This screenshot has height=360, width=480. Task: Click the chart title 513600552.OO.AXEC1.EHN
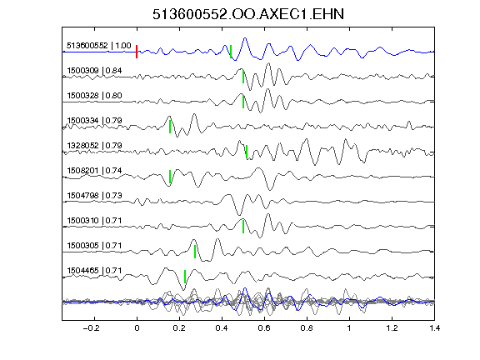click(x=248, y=14)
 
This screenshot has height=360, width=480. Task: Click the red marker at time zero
click(x=137, y=52)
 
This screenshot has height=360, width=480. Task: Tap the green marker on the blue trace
click(x=231, y=52)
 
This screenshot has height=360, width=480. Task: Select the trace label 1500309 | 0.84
click(x=94, y=71)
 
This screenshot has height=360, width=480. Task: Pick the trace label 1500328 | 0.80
click(x=94, y=96)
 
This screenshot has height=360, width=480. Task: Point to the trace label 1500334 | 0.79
click(x=94, y=121)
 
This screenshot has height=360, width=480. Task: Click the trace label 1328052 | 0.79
click(x=94, y=145)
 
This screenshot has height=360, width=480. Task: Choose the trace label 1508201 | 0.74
click(x=94, y=171)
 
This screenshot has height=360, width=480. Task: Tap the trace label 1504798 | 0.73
click(x=94, y=196)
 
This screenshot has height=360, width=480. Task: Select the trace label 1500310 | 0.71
click(x=94, y=221)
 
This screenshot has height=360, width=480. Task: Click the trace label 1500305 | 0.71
click(x=94, y=246)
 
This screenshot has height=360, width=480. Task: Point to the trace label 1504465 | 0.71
click(x=94, y=271)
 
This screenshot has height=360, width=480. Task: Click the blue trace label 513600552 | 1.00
click(x=99, y=46)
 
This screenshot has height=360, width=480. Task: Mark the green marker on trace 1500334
click(x=170, y=127)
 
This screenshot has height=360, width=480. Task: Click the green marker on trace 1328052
click(x=247, y=152)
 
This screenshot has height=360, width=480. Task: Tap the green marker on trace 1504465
click(x=185, y=277)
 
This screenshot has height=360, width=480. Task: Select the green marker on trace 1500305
click(x=195, y=252)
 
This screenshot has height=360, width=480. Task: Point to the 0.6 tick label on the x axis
click(x=264, y=328)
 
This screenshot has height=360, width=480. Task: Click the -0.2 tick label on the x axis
click(x=92, y=328)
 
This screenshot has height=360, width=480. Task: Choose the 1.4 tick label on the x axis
click(x=435, y=328)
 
